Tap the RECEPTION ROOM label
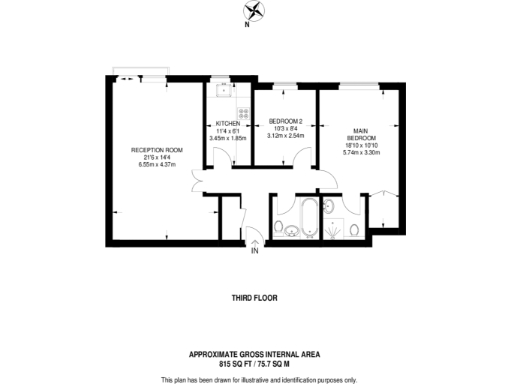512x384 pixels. tap(154, 150)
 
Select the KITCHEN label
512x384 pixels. tap(227, 123)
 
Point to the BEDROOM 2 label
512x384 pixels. tap(285, 122)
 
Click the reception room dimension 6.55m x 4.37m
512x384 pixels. tap(154, 164)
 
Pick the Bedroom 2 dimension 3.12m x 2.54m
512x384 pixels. tap(285, 136)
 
